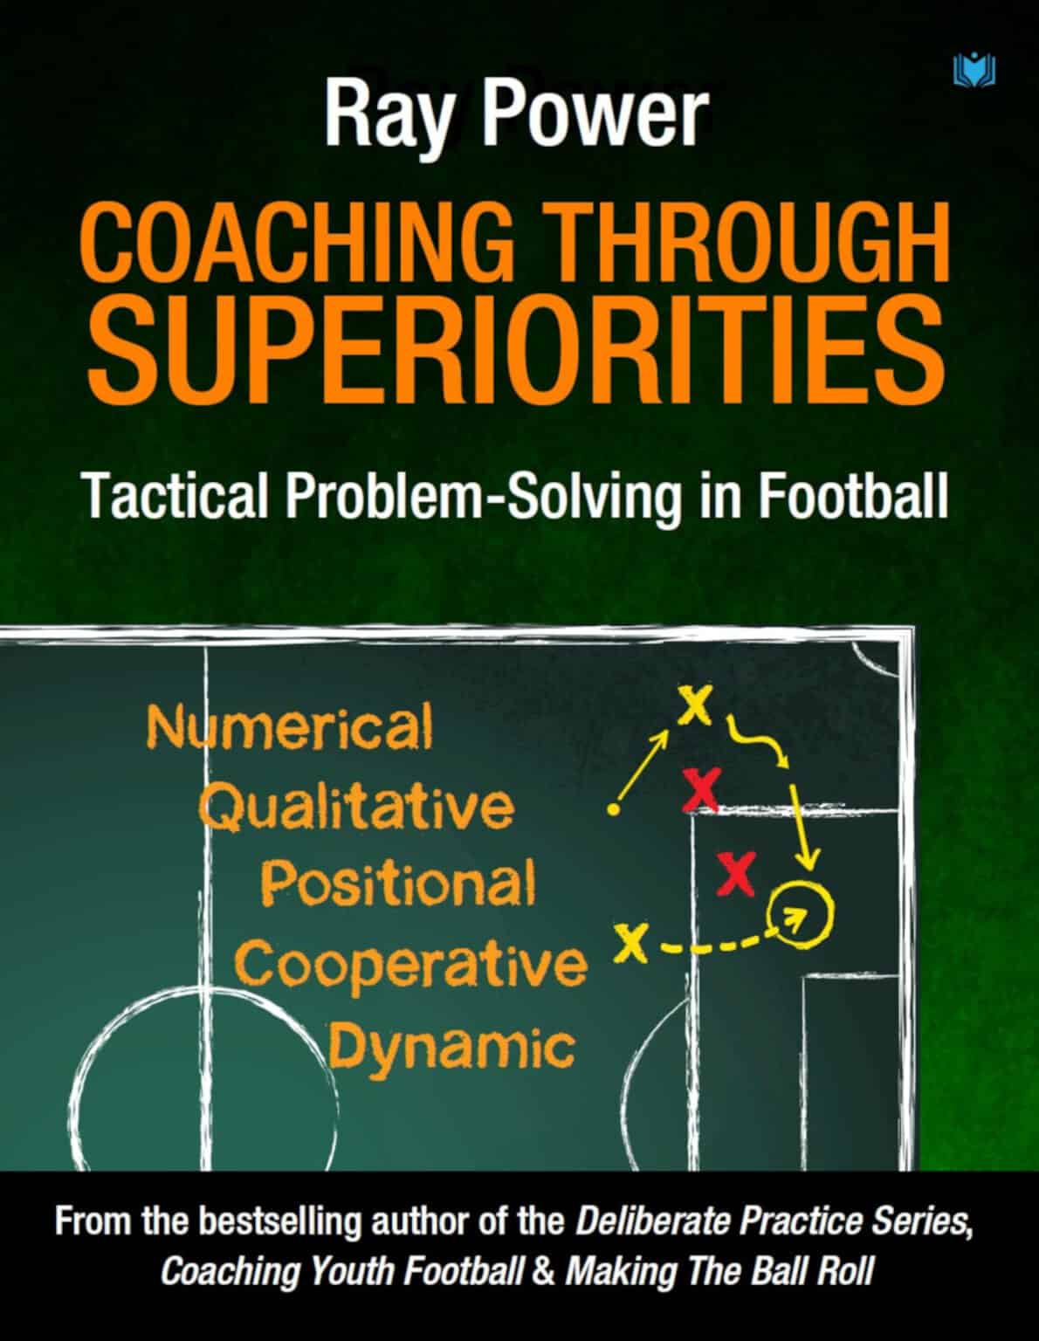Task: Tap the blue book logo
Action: coord(975,69)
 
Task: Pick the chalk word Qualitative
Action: coord(356,807)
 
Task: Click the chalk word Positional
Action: coord(397,884)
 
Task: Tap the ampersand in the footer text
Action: coord(543,1270)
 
